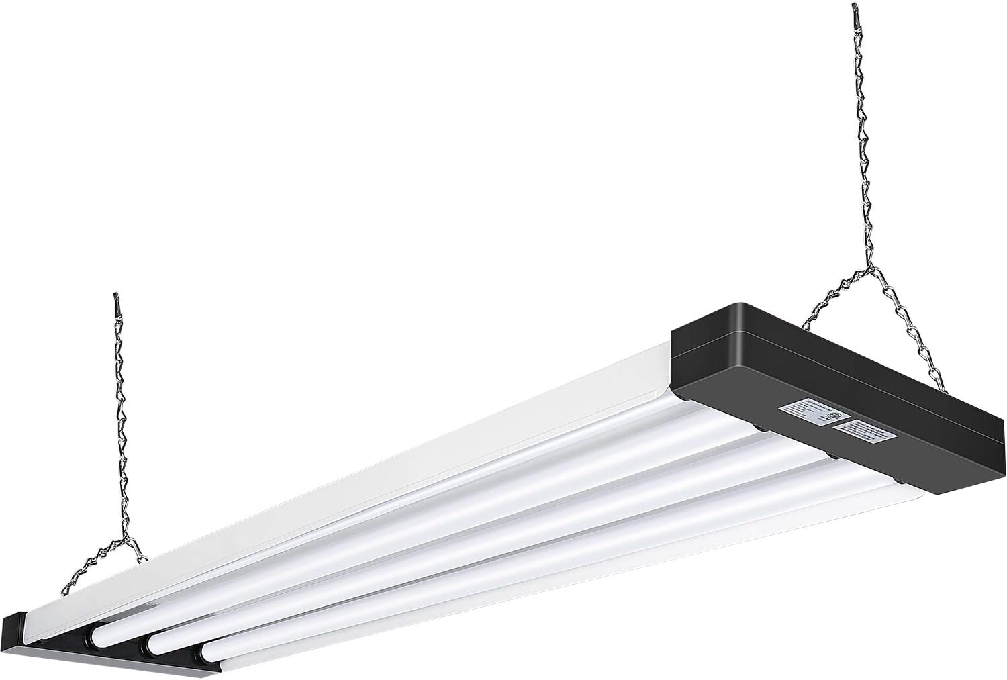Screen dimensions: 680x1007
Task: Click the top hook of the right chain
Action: [855, 9]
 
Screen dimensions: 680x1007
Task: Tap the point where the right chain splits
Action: [871, 270]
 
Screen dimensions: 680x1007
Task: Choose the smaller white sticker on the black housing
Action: [870, 434]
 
